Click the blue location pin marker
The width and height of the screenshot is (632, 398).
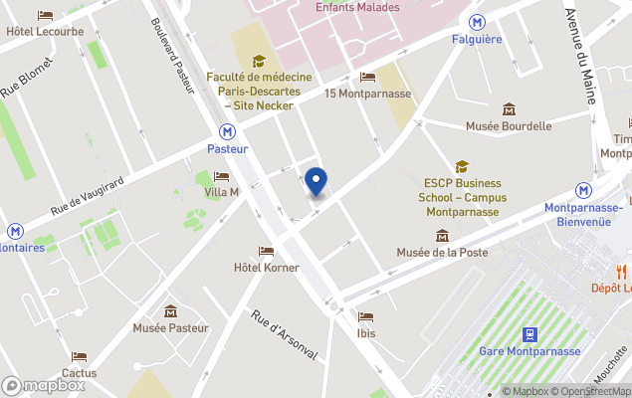pyautogui.click(x=316, y=182)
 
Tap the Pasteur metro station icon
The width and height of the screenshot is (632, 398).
pyautogui.click(x=228, y=130)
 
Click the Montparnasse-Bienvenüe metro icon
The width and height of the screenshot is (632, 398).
pyautogui.click(x=584, y=189)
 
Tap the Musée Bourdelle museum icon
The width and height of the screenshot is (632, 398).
pyautogui.click(x=510, y=108)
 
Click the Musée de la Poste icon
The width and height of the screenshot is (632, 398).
pyautogui.click(x=442, y=235)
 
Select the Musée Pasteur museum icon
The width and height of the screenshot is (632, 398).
pyautogui.click(x=170, y=310)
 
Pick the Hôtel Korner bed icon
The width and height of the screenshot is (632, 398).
pyautogui.click(x=266, y=251)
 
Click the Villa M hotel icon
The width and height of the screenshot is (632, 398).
pyautogui.click(x=221, y=176)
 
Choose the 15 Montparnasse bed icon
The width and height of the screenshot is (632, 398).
pyautogui.click(x=367, y=77)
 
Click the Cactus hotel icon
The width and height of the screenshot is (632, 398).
pyautogui.click(x=79, y=356)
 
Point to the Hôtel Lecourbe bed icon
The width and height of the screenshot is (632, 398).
pyautogui.click(x=45, y=15)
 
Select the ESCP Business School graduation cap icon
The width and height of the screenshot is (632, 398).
pyautogui.click(x=462, y=166)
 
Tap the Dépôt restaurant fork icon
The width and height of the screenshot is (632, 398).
pyautogui.click(x=622, y=271)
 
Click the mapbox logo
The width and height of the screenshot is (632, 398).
pyautogui.click(x=42, y=385)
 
